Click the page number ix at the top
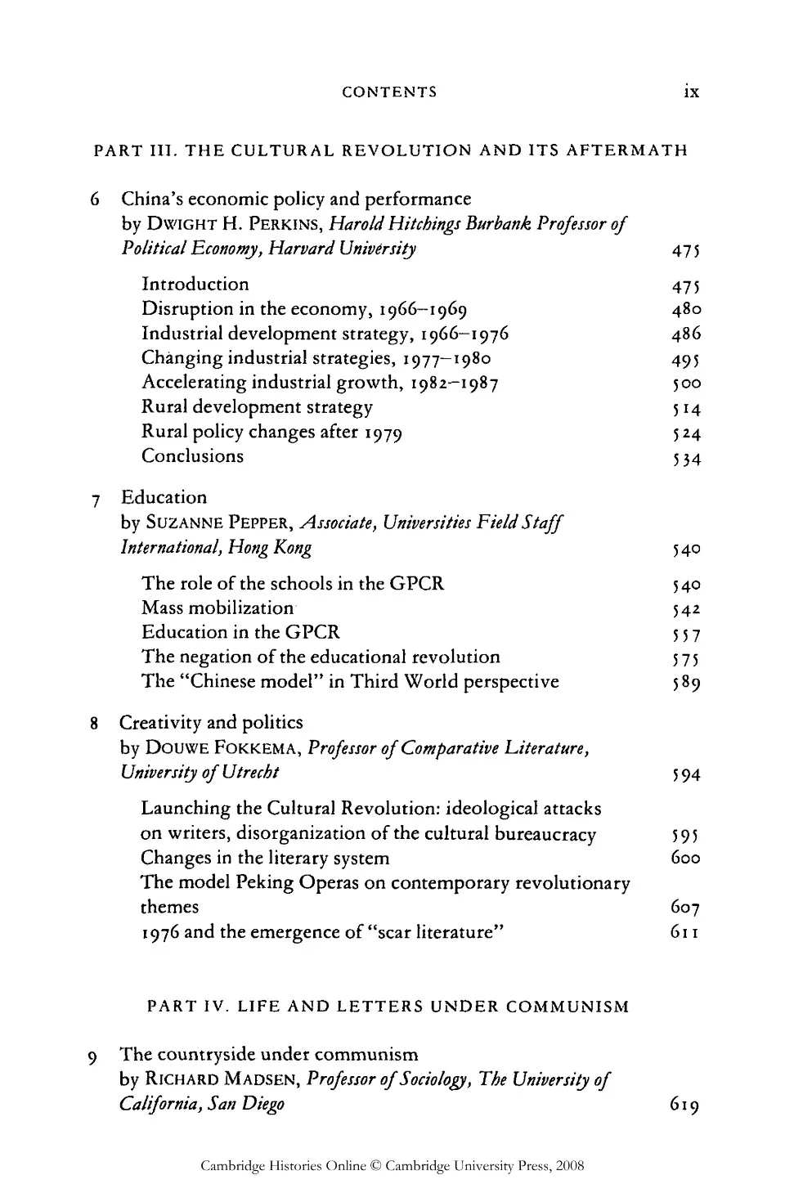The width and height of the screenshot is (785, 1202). [x=691, y=92]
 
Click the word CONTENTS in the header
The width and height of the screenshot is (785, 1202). [x=389, y=92]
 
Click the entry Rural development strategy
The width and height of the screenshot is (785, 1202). [x=257, y=407]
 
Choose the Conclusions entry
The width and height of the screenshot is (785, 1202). [x=192, y=456]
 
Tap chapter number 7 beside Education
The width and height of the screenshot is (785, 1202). [x=96, y=499]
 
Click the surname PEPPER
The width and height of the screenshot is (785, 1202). [x=259, y=523]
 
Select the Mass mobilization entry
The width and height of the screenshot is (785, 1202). [x=218, y=608]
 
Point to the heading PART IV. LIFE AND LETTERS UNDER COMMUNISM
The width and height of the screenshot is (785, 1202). [x=388, y=1007]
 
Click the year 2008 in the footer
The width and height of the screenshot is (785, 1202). [x=570, y=1166]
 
